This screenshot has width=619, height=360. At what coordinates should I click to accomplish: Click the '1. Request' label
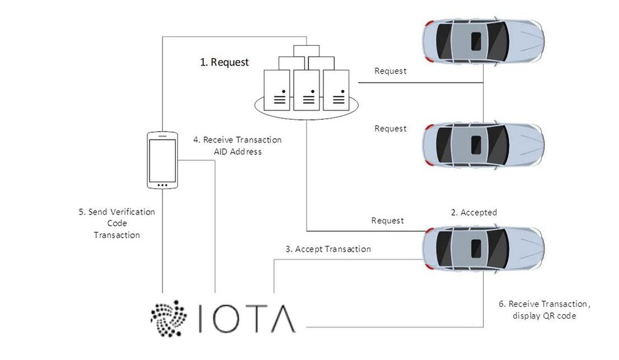click(x=224, y=62)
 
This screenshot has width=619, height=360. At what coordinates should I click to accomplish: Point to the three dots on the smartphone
click(x=162, y=185)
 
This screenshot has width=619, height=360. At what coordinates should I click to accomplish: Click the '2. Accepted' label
click(x=474, y=212)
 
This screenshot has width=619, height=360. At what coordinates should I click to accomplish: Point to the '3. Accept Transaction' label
click(x=328, y=249)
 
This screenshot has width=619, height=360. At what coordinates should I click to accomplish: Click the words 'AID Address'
click(x=238, y=152)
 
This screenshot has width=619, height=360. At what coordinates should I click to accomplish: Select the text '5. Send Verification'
click(x=117, y=212)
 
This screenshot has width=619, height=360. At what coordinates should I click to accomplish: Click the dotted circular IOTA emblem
click(x=169, y=317)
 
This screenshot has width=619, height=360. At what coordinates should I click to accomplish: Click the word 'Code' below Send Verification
click(x=117, y=223)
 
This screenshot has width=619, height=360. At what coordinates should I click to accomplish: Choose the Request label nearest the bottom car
click(x=387, y=221)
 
